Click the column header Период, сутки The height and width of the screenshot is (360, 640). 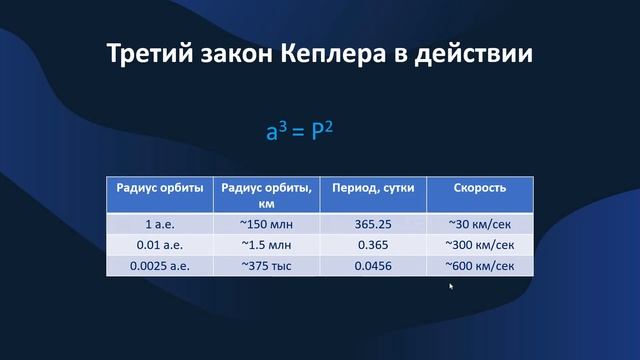(x=372, y=188)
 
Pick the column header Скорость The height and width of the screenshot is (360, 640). (x=480, y=188)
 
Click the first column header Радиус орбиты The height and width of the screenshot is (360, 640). (x=160, y=188)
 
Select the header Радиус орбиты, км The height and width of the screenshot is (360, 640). (x=265, y=194)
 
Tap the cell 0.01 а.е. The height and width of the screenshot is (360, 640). (x=160, y=245)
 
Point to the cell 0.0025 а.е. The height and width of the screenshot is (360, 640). (x=160, y=266)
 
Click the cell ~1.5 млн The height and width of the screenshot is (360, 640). (x=265, y=245)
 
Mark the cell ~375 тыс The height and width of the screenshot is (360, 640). (x=265, y=266)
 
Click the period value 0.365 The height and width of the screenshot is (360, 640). (x=372, y=245)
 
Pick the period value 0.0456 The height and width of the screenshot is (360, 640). (x=372, y=266)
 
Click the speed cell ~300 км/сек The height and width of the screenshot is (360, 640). (x=480, y=245)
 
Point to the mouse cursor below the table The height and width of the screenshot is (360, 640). (x=451, y=286)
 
